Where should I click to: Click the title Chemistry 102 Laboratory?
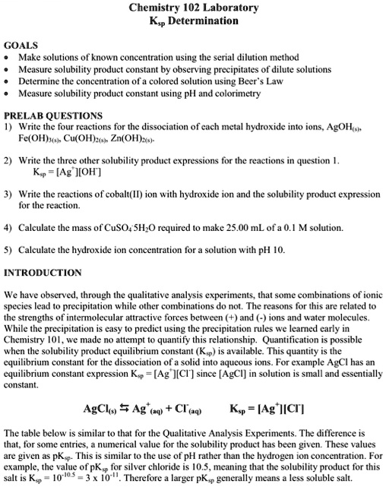click(x=193, y=8)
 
